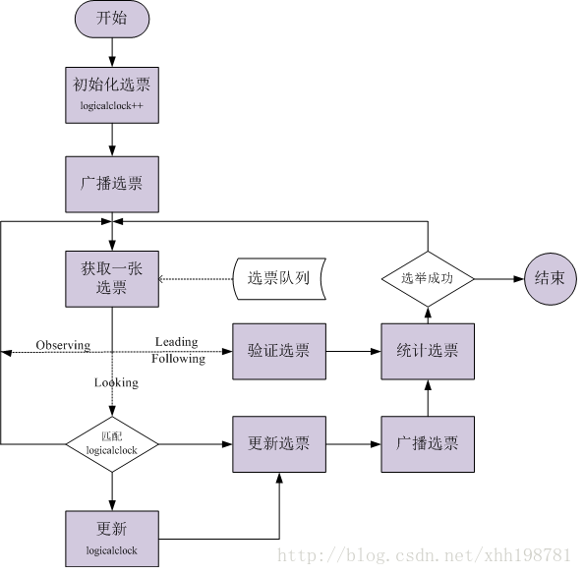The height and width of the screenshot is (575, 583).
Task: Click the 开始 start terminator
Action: pyautogui.click(x=112, y=19)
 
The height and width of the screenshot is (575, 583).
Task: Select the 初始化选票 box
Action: pyautogui.click(x=112, y=95)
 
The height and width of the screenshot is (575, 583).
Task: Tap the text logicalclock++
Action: pyautogui.click(x=111, y=106)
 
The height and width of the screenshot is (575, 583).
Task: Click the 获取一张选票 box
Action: pyautogui.click(x=112, y=279)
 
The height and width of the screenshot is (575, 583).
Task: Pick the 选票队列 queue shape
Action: pyautogui.click(x=279, y=279)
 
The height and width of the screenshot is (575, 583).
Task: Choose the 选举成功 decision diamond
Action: pyautogui.click(x=428, y=279)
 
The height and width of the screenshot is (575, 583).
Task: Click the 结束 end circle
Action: pyautogui.click(x=551, y=279)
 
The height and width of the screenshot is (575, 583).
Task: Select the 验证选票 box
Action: pyautogui.click(x=279, y=351)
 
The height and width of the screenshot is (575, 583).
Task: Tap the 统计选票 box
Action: pyautogui.click(x=428, y=351)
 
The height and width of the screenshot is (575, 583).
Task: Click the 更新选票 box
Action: pyautogui.click(x=279, y=444)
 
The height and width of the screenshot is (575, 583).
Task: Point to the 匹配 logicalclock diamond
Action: pyautogui.click(x=112, y=444)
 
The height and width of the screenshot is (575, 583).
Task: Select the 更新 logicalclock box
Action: pyautogui.click(x=112, y=539)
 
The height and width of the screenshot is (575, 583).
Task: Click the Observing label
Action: pyautogui.click(x=63, y=345)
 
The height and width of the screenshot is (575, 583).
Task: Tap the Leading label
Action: pyautogui.click(x=177, y=342)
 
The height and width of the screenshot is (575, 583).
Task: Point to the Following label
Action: pyautogui.click(x=179, y=359)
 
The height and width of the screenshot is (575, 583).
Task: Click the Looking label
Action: pyautogui.click(x=116, y=382)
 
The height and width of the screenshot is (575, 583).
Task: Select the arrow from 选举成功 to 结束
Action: pyautogui.click(x=499, y=279)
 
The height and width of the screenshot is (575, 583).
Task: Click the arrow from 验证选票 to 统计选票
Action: pyautogui.click(x=354, y=351)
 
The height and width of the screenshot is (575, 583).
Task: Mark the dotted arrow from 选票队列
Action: pyautogui.click(x=196, y=279)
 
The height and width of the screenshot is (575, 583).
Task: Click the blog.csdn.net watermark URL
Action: pyautogui.click(x=424, y=555)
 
